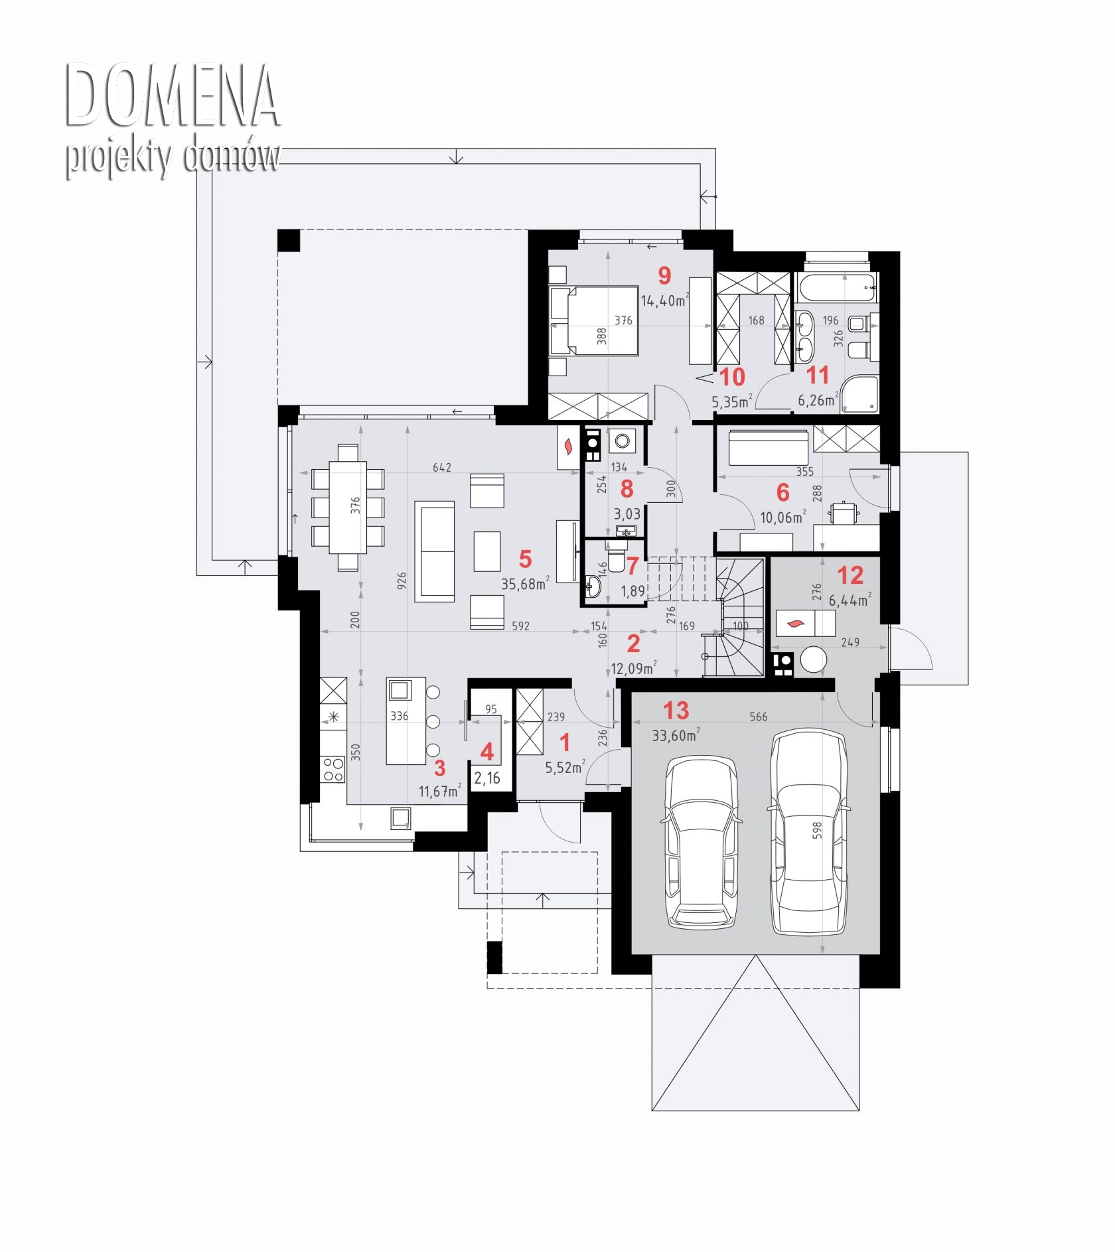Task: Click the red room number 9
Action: pos(664,275)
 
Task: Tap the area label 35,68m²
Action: pos(525,584)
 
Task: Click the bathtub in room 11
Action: pos(838,288)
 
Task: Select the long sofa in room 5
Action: pos(435,551)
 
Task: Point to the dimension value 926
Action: pos(402,581)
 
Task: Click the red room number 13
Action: pos(676,711)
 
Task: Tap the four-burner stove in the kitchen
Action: pos(333,770)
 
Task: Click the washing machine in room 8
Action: pos(623,441)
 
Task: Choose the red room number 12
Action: pos(850,575)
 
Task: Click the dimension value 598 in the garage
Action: pos(817,830)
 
